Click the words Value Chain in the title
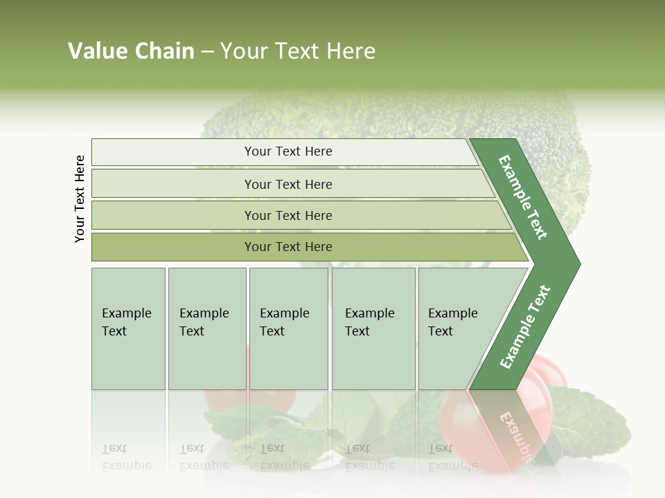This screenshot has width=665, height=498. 131,51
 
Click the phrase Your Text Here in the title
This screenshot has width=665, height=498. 298,51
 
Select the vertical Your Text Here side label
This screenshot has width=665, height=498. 80,199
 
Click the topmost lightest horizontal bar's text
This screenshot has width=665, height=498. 288,151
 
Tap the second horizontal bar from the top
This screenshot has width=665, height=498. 288,184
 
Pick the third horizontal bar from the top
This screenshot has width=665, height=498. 288,215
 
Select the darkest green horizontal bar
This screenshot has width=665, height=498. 288,247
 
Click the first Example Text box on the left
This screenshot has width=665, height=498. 128,328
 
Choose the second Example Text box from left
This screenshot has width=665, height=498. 206,328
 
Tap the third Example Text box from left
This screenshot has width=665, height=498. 287,328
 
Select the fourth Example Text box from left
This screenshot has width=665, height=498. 373,328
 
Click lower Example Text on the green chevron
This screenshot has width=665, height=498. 525,327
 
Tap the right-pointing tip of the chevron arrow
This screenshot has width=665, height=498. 576,264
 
